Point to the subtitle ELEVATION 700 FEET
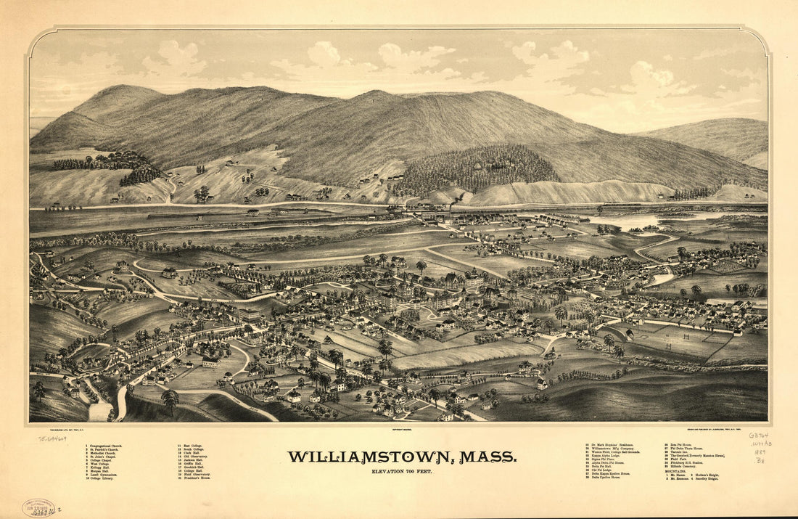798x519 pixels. coord(402,472)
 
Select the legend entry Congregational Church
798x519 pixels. coord(104,446)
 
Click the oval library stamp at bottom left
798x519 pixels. coord(38,507)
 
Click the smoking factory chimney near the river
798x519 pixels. coord(451,208)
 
